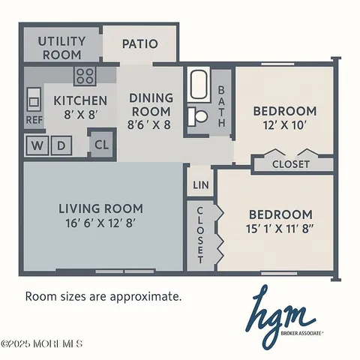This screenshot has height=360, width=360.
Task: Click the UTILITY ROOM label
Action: (x=61, y=48)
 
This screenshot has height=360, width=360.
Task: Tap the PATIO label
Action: (x=140, y=43)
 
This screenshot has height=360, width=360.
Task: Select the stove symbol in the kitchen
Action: (x=85, y=75)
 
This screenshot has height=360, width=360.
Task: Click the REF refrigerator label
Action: (x=34, y=118)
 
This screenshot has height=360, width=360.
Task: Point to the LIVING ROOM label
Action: (x=101, y=208)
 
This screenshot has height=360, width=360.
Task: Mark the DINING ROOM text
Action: (x=151, y=105)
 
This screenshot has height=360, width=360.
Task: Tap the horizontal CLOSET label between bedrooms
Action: (x=290, y=164)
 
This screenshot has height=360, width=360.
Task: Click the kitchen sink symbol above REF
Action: (x=34, y=97)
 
